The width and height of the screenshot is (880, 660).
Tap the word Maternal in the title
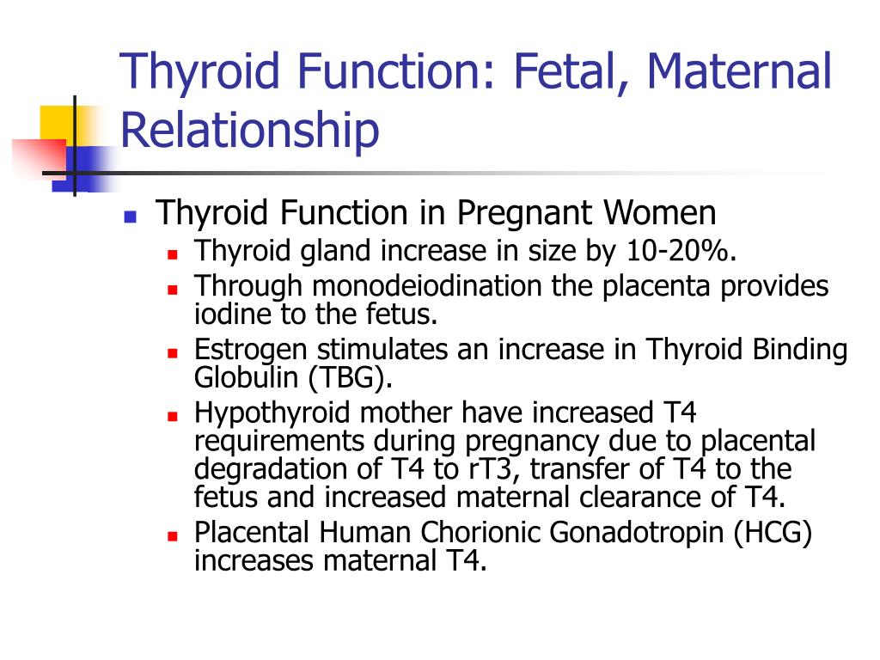pyautogui.click(x=749, y=72)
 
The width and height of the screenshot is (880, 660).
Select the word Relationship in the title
pyautogui.click(x=249, y=131)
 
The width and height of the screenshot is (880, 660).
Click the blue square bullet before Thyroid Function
pyautogui.click(x=131, y=216)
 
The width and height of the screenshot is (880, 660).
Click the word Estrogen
pyautogui.click(x=248, y=351)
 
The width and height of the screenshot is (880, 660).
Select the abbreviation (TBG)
pyautogui.click(x=333, y=378)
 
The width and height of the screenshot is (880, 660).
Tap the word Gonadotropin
pyautogui.click(x=639, y=534)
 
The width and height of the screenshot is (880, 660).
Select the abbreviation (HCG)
pyautogui.click(x=773, y=534)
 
